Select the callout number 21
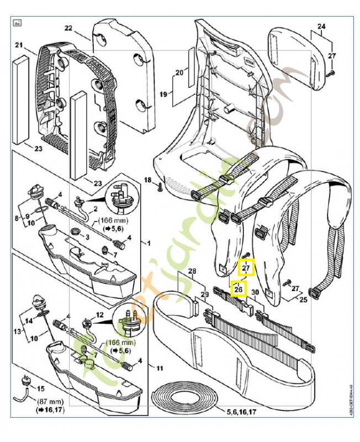(x=18, y=45)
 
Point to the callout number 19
(x=163, y=94)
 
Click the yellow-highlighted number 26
(x=239, y=288)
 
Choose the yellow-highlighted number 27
(x=246, y=269)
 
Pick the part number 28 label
(x=192, y=271)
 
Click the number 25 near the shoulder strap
(x=303, y=299)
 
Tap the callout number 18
(x=147, y=180)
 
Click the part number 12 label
(x=100, y=314)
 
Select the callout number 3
(x=87, y=237)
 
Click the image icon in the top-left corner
(x=17, y=23)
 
